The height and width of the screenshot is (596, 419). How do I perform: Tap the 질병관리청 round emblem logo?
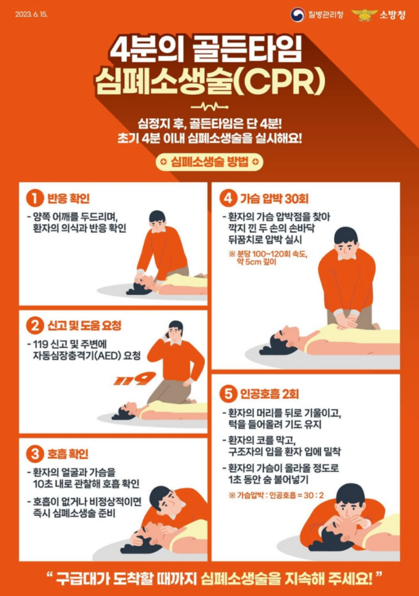[x=297, y=14]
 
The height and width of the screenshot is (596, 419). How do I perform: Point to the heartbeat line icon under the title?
[x=209, y=107]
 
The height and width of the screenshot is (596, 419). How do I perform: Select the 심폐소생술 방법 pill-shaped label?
[x=209, y=162]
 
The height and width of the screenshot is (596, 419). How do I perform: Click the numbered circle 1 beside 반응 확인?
[x=35, y=198]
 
